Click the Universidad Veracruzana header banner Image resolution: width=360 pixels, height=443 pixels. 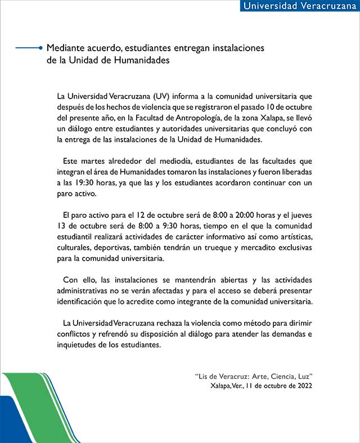pyautogui.click(x=299, y=6)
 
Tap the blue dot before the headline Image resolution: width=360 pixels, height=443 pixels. pyautogui.click(x=40, y=48)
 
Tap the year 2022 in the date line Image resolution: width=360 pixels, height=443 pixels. pyautogui.click(x=303, y=386)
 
